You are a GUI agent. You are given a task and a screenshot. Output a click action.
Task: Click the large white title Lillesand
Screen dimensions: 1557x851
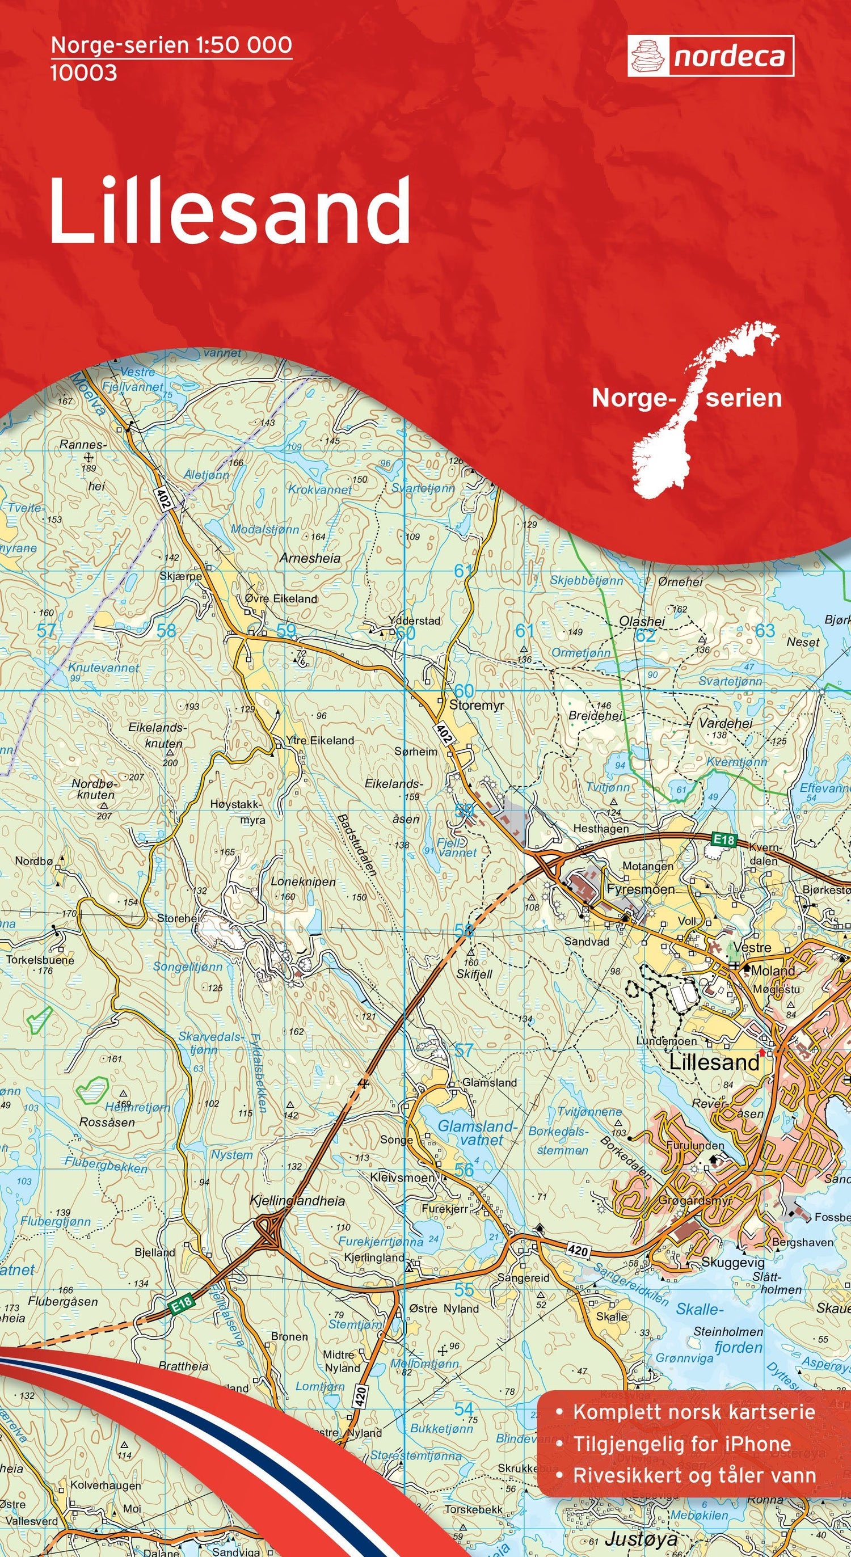pyautogui.click(x=230, y=212)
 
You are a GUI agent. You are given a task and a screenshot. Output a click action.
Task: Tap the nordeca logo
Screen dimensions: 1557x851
pyautogui.click(x=710, y=56)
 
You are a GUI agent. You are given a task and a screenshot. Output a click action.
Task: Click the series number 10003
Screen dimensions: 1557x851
pyautogui.click(x=83, y=73)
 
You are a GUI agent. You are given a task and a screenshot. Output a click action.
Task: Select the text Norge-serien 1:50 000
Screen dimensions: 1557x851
pyautogui.click(x=172, y=45)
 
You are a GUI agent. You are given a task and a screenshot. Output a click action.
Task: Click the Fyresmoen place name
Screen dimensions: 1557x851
pyautogui.click(x=640, y=890)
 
